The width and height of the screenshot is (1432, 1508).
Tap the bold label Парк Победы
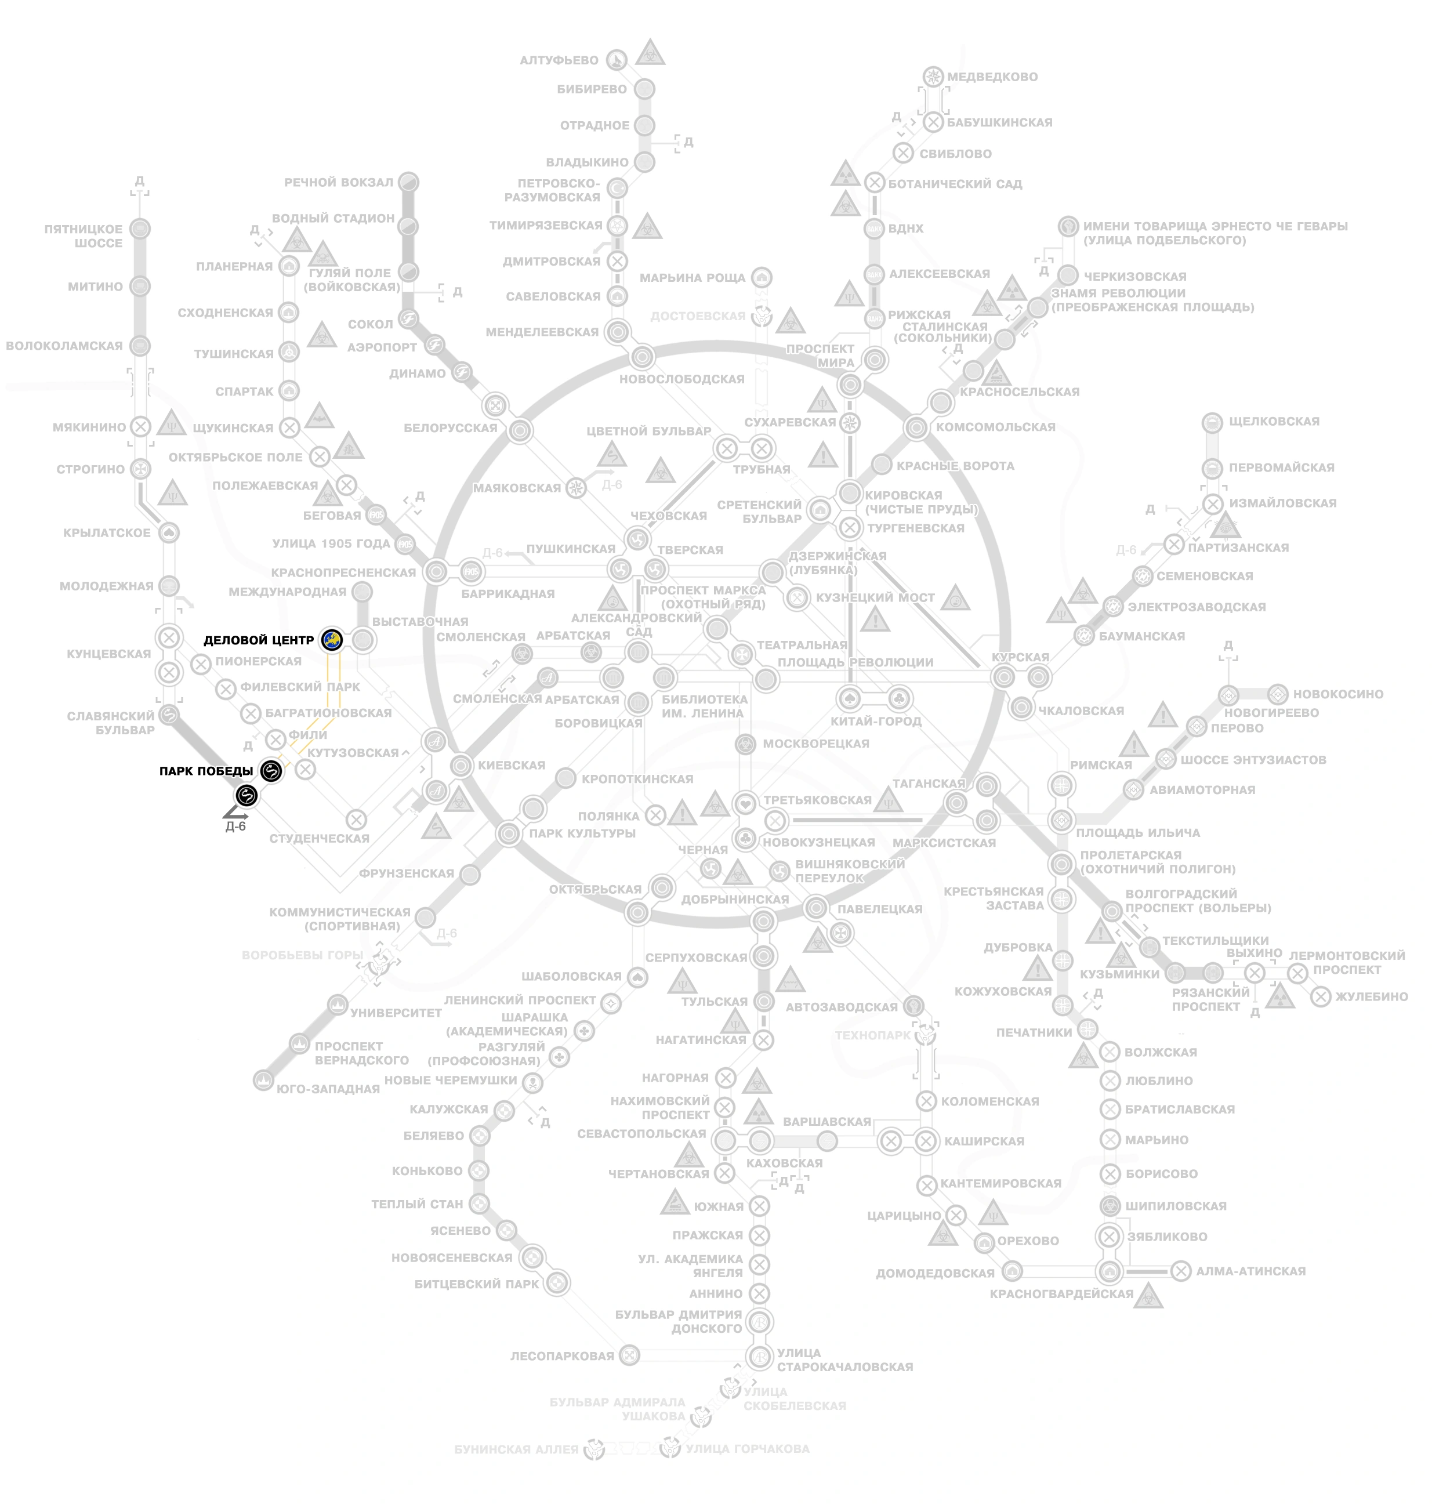coord(206,771)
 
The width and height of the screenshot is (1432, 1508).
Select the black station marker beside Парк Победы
coord(271,771)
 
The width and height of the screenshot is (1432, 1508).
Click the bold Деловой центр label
coord(259,640)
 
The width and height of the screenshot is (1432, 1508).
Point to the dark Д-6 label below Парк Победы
coord(236,826)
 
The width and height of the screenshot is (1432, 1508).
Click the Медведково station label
coord(992,77)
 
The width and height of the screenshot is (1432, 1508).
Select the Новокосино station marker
coord(1278,694)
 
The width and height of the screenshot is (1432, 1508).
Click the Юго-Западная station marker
coord(263,1080)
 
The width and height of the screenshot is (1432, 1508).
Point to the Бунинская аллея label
coord(516,1448)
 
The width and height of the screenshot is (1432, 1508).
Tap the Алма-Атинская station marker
coord(1181,1271)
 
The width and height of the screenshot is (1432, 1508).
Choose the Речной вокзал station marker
coord(409,182)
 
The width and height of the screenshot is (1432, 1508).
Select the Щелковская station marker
coord(1212,422)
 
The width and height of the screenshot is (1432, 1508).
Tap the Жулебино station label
coord(1371,996)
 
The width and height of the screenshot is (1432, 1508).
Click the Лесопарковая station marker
coord(629,1355)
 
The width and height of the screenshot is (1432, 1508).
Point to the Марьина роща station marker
coord(761,277)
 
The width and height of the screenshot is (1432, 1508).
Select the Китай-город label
coord(876,721)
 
